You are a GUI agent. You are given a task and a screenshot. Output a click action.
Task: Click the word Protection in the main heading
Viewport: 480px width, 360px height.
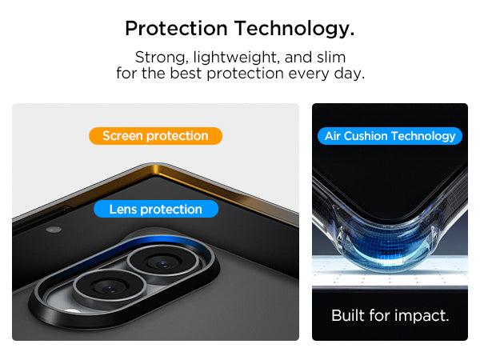pyautogui.click(x=176, y=28)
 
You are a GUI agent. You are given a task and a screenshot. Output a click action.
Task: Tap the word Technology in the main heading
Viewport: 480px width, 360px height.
pyautogui.click(x=294, y=29)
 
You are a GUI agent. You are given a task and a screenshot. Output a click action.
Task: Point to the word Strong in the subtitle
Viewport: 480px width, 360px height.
pyautogui.click(x=162, y=58)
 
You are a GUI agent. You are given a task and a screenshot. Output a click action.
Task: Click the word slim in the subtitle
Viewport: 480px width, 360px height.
pyautogui.click(x=331, y=57)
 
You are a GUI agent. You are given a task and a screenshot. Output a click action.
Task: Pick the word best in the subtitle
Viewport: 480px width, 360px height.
pyautogui.click(x=186, y=73)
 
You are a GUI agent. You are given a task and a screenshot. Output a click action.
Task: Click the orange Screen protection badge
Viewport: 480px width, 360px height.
pyautogui.click(x=155, y=136)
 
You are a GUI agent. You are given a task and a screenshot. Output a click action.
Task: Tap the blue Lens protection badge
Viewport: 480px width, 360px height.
pyautogui.click(x=156, y=209)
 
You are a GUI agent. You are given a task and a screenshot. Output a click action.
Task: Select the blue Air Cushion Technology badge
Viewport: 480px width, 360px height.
pyautogui.click(x=390, y=136)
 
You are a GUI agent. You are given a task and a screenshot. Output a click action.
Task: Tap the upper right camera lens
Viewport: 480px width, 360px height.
pyautogui.click(x=163, y=262)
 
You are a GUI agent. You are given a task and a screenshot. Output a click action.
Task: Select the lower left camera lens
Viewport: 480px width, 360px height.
pyautogui.click(x=109, y=287)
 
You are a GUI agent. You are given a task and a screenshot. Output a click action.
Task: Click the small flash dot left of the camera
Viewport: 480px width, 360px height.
pyautogui.click(x=54, y=230)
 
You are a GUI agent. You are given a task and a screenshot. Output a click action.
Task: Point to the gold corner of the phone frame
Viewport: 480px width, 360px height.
pyautogui.click(x=155, y=170)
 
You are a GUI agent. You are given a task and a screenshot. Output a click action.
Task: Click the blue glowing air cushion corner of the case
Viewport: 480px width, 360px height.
pyautogui.click(x=390, y=249)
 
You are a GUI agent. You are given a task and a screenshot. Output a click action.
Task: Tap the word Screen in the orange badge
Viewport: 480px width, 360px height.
pyautogui.click(x=122, y=136)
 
